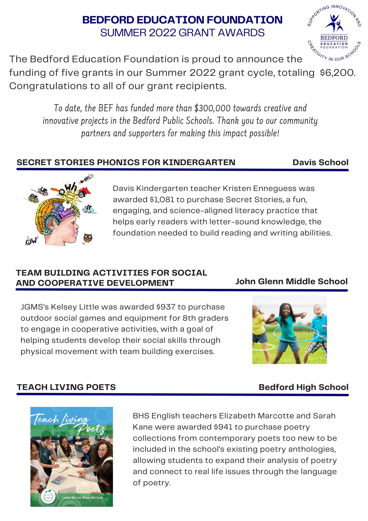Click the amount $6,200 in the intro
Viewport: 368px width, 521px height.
pyautogui.click(x=337, y=73)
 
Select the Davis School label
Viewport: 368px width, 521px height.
pyautogui.click(x=320, y=162)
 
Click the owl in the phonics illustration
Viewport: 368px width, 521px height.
pyautogui.click(x=88, y=238)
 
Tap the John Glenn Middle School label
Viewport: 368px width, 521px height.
pyautogui.click(x=291, y=281)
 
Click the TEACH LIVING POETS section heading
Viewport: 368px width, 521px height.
pyautogui.click(x=66, y=387)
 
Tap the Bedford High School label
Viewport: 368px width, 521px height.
pyautogui.click(x=303, y=387)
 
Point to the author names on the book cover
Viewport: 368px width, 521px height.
pyautogui.click(x=83, y=498)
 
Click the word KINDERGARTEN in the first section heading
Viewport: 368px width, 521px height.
pyautogui.click(x=199, y=162)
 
